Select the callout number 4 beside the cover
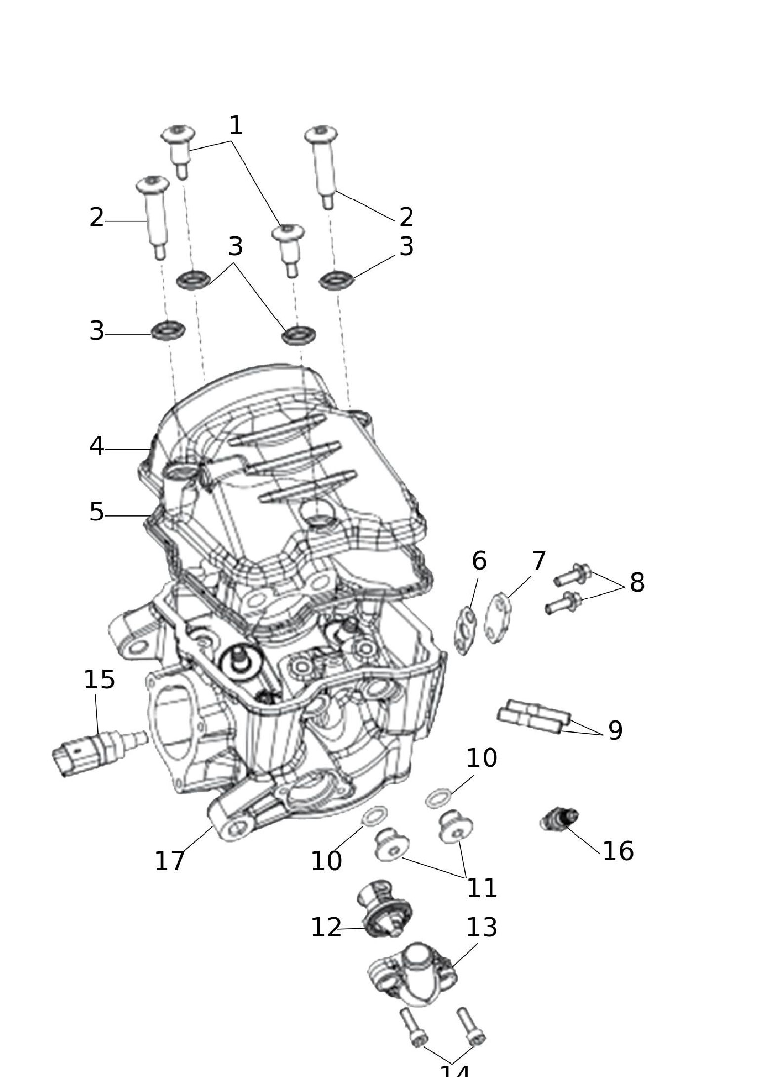tap(97, 446)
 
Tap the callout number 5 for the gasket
tap(97, 512)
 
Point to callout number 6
tap(479, 560)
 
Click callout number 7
tap(538, 560)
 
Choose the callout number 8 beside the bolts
tap(637, 582)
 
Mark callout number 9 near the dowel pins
tap(615, 730)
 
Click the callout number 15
tap(99, 679)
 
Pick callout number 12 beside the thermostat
tap(326, 927)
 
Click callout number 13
tap(482, 927)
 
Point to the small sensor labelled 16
tap(558, 819)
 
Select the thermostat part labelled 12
tap(384, 910)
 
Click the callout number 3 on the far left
tap(97, 331)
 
